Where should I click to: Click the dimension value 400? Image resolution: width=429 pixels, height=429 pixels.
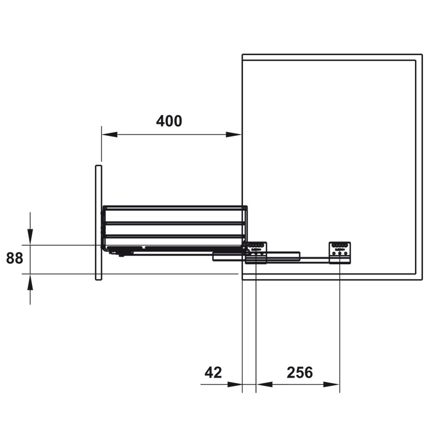(x=169, y=121)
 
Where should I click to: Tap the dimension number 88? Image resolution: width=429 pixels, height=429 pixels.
(x=15, y=258)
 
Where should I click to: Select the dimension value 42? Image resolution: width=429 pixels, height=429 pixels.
(x=213, y=372)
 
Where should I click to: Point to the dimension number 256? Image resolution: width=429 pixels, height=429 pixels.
(x=299, y=372)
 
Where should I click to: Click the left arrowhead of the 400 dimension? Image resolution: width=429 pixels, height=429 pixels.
(x=109, y=134)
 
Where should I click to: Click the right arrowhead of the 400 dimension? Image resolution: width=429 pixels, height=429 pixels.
(x=234, y=134)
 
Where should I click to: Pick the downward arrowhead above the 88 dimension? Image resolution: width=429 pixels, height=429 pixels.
(x=30, y=237)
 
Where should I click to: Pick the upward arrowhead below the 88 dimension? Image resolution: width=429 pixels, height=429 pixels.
(x=30, y=282)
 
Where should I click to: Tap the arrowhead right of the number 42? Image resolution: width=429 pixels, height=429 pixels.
(x=235, y=384)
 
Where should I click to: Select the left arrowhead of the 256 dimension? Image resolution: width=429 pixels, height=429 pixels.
(x=264, y=384)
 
